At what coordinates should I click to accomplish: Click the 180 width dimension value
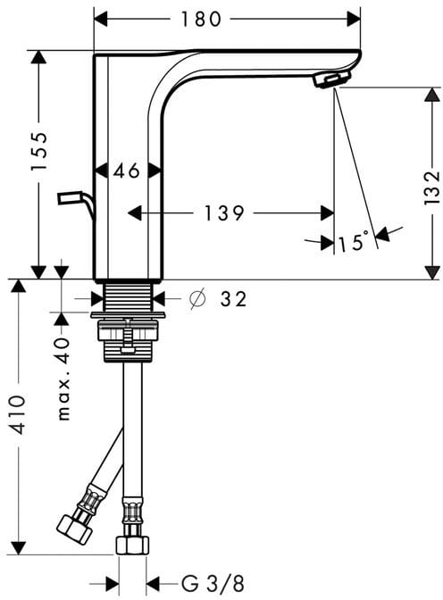coord(201,19)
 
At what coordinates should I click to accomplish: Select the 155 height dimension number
coord(39,151)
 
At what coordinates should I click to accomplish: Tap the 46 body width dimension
coord(126,171)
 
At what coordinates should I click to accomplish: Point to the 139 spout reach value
coord(224,213)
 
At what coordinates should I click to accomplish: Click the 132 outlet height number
coord(432,187)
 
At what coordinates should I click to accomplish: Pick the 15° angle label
coord(354,241)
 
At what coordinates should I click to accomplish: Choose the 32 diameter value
coord(233,298)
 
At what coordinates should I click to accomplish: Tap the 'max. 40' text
coord(63,379)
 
